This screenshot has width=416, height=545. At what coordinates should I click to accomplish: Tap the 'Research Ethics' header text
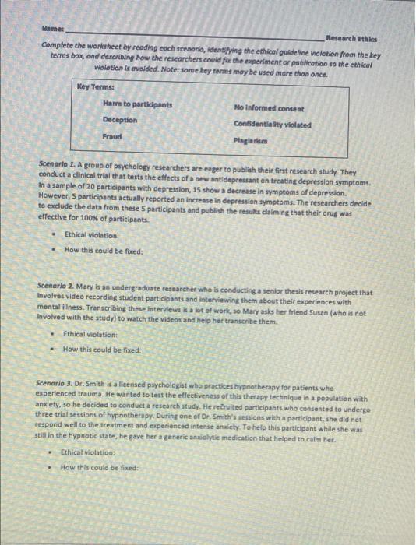[351, 37]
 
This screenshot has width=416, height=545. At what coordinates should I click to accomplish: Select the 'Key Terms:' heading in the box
[95, 87]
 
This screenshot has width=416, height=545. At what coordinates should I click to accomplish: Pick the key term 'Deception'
[119, 120]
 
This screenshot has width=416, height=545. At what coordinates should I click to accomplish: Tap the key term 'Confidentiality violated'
[272, 124]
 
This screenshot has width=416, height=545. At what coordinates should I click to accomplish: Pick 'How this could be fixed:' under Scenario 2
[101, 349]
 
